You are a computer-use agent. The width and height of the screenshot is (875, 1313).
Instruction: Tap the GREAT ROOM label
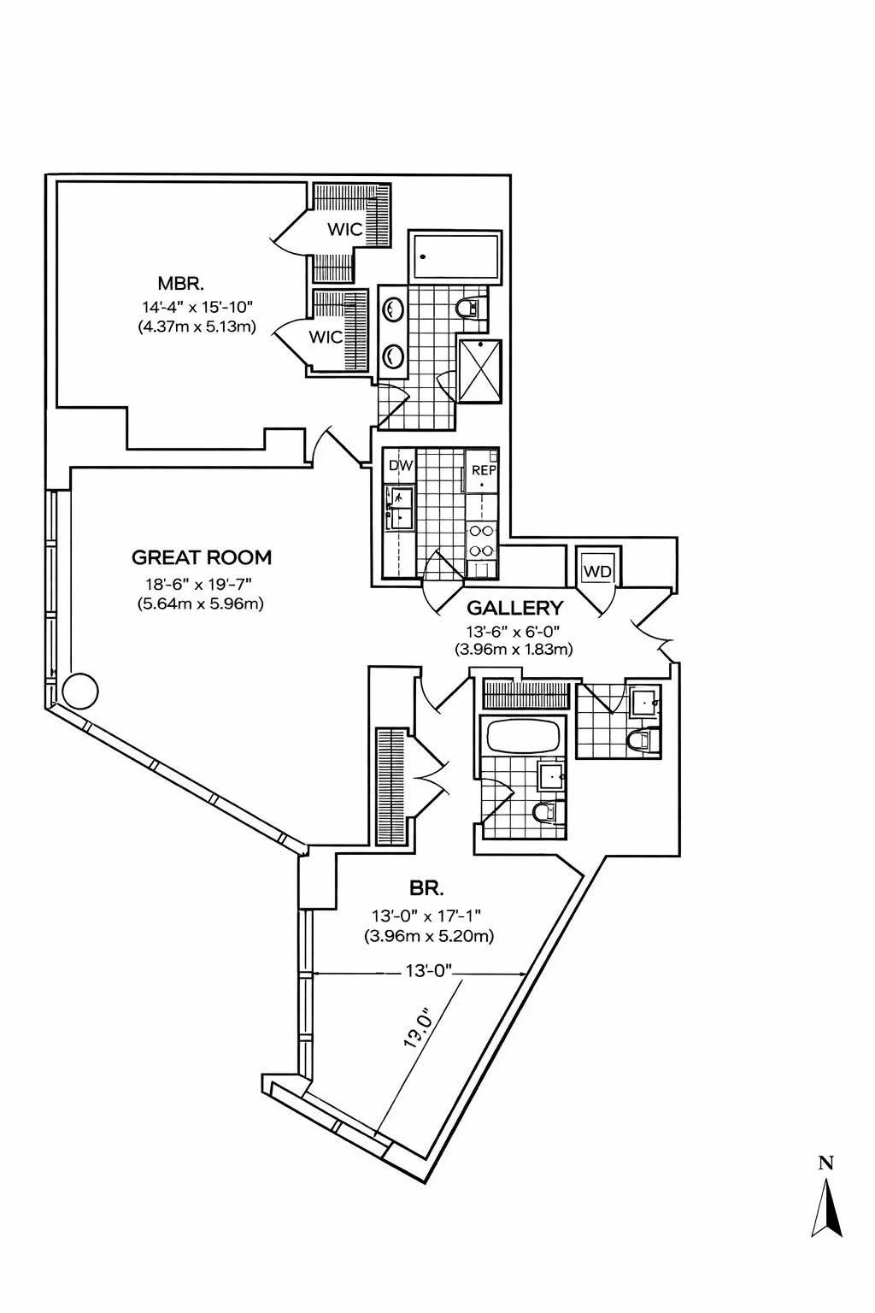tap(202, 558)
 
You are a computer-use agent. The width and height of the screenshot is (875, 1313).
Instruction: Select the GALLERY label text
tap(514, 608)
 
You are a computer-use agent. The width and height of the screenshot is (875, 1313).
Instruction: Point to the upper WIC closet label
tap(346, 229)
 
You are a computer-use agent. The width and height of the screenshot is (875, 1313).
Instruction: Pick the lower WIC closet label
tap(326, 338)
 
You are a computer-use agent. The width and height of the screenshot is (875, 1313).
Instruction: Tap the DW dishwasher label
tap(400, 467)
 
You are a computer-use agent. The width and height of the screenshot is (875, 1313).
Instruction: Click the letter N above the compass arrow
tap(825, 1163)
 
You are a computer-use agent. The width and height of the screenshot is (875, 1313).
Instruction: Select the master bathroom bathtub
tap(454, 256)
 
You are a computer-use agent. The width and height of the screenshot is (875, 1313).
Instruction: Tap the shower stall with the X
tap(480, 370)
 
